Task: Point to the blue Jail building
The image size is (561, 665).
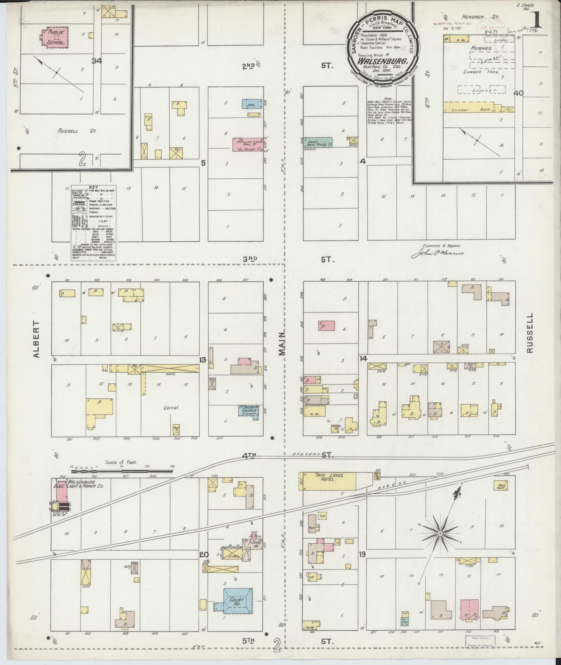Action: click(251, 104)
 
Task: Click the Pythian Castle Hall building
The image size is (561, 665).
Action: click(247, 144)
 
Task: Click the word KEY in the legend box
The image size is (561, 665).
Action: click(94, 187)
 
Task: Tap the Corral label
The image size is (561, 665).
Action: click(172, 408)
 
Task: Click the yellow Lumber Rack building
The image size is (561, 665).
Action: click(473, 110)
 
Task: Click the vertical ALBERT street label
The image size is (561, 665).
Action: click(37, 339)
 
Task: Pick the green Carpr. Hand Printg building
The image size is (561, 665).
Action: click(318, 143)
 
